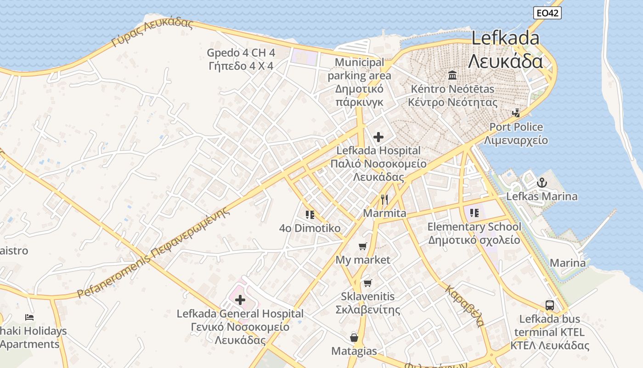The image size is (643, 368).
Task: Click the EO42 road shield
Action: click(548, 13)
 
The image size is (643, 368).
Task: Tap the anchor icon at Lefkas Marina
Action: click(542, 183)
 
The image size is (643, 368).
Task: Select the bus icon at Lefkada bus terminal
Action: click(549, 305)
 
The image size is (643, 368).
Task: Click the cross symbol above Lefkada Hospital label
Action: click(378, 137)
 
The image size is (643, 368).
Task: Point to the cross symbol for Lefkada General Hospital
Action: click(240, 300)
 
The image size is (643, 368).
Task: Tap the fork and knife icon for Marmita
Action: click(384, 200)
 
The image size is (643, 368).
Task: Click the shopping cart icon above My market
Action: click(363, 246)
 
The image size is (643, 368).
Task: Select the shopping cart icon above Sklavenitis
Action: click(367, 283)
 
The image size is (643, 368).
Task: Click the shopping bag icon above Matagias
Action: click(354, 338)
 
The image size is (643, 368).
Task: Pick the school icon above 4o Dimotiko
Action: click(310, 214)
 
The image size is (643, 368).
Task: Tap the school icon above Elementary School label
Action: click(474, 213)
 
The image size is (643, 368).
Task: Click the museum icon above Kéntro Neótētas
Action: click(452, 75)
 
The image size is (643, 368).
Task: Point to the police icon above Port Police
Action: click(516, 113)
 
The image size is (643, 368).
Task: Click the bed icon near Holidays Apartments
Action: click(29, 317)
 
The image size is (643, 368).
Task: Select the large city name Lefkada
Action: click(505, 38)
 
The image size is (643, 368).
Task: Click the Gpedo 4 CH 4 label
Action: click(241, 52)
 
